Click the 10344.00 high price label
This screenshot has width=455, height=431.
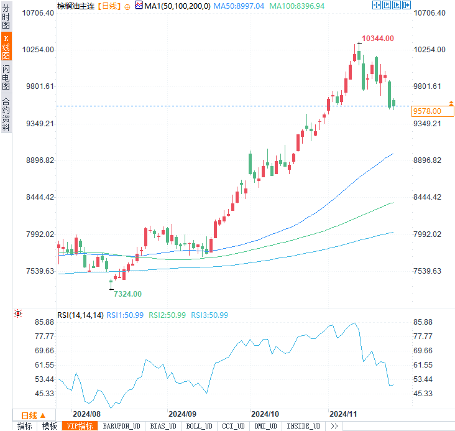(x=378, y=39)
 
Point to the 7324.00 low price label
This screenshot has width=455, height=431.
(x=127, y=294)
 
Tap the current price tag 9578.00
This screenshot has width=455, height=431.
(x=427, y=111)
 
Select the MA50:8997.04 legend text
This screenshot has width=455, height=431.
(x=239, y=6)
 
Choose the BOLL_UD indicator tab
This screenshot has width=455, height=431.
(x=199, y=426)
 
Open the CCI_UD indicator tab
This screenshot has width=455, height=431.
(x=233, y=426)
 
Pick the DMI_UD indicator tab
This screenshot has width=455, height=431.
(x=267, y=426)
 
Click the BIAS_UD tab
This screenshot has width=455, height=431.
(x=164, y=426)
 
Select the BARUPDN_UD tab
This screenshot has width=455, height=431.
(x=121, y=426)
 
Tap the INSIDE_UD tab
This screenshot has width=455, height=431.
(x=304, y=426)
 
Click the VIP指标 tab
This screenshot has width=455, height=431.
(x=80, y=426)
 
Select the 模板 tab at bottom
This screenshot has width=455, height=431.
(x=50, y=426)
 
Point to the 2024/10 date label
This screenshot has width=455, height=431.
(x=265, y=414)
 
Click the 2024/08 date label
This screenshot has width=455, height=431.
(x=86, y=414)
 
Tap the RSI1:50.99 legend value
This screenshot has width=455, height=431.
(x=125, y=315)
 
